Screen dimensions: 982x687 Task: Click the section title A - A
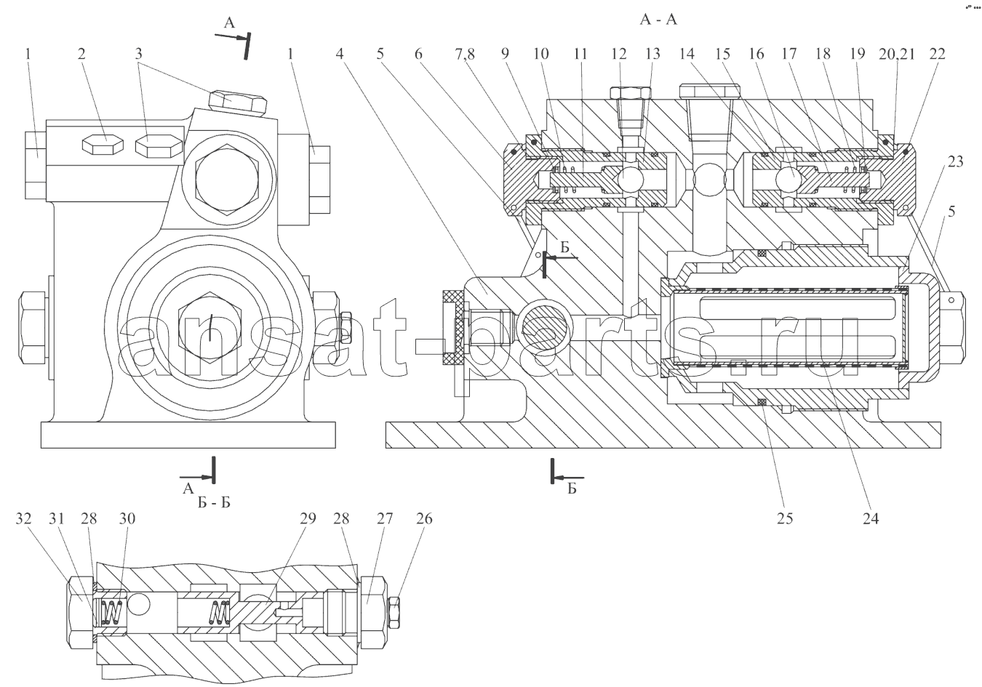[658, 20]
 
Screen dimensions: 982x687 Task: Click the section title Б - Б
[214, 502]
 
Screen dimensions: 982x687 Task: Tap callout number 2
[81, 54]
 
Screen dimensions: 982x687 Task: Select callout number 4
[340, 54]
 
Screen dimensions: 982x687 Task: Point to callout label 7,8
[465, 55]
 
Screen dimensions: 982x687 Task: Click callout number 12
[619, 54]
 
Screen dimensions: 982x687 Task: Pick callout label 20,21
[896, 55]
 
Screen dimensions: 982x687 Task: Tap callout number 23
[956, 161]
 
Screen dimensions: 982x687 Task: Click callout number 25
[785, 519]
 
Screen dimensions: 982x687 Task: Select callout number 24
[871, 519]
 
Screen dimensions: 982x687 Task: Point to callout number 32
[24, 519]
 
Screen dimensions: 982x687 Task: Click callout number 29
[308, 519]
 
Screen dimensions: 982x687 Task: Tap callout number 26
[424, 519]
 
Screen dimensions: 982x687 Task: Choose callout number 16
[757, 54]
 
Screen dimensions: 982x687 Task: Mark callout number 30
[127, 519]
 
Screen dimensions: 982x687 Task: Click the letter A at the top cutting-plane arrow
[229, 23]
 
